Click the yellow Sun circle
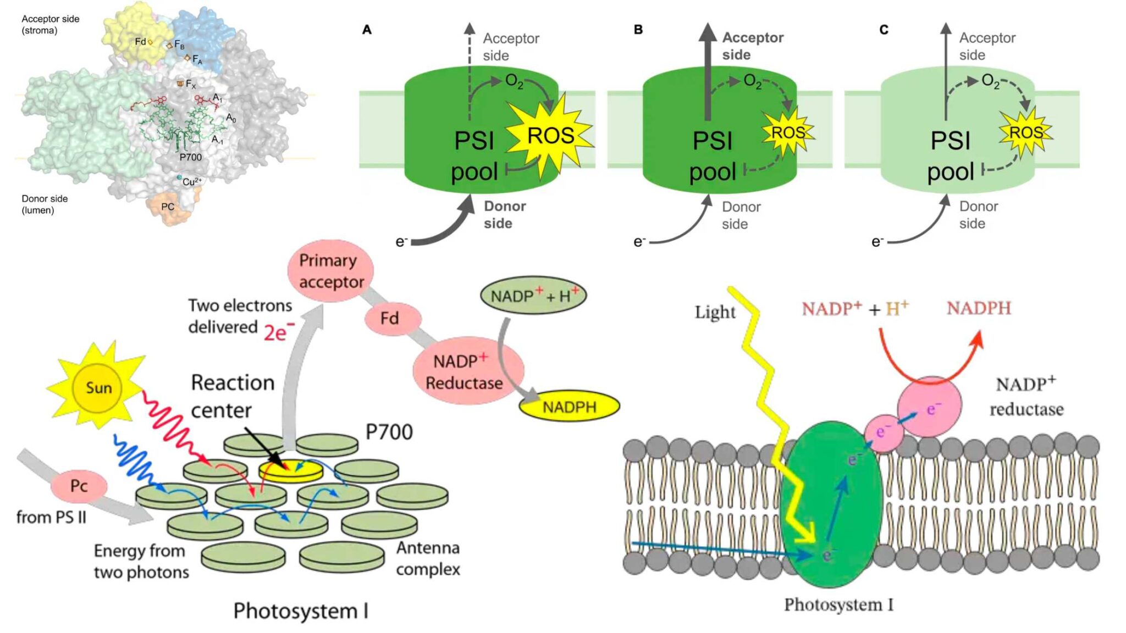[98, 388]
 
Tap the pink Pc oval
[79, 486]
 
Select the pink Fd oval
[390, 318]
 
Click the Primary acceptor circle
[331, 271]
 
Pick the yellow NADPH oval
[569, 407]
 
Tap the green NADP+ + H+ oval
[533, 296]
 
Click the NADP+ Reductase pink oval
[467, 372]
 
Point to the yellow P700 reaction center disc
[290, 470]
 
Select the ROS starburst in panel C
[1025, 133]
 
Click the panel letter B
[638, 29]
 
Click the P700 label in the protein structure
[191, 157]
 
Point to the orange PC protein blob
[168, 207]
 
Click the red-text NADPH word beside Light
[979, 308]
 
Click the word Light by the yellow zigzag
[715, 312]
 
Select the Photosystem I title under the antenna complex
[301, 611]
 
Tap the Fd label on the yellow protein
[140, 41]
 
